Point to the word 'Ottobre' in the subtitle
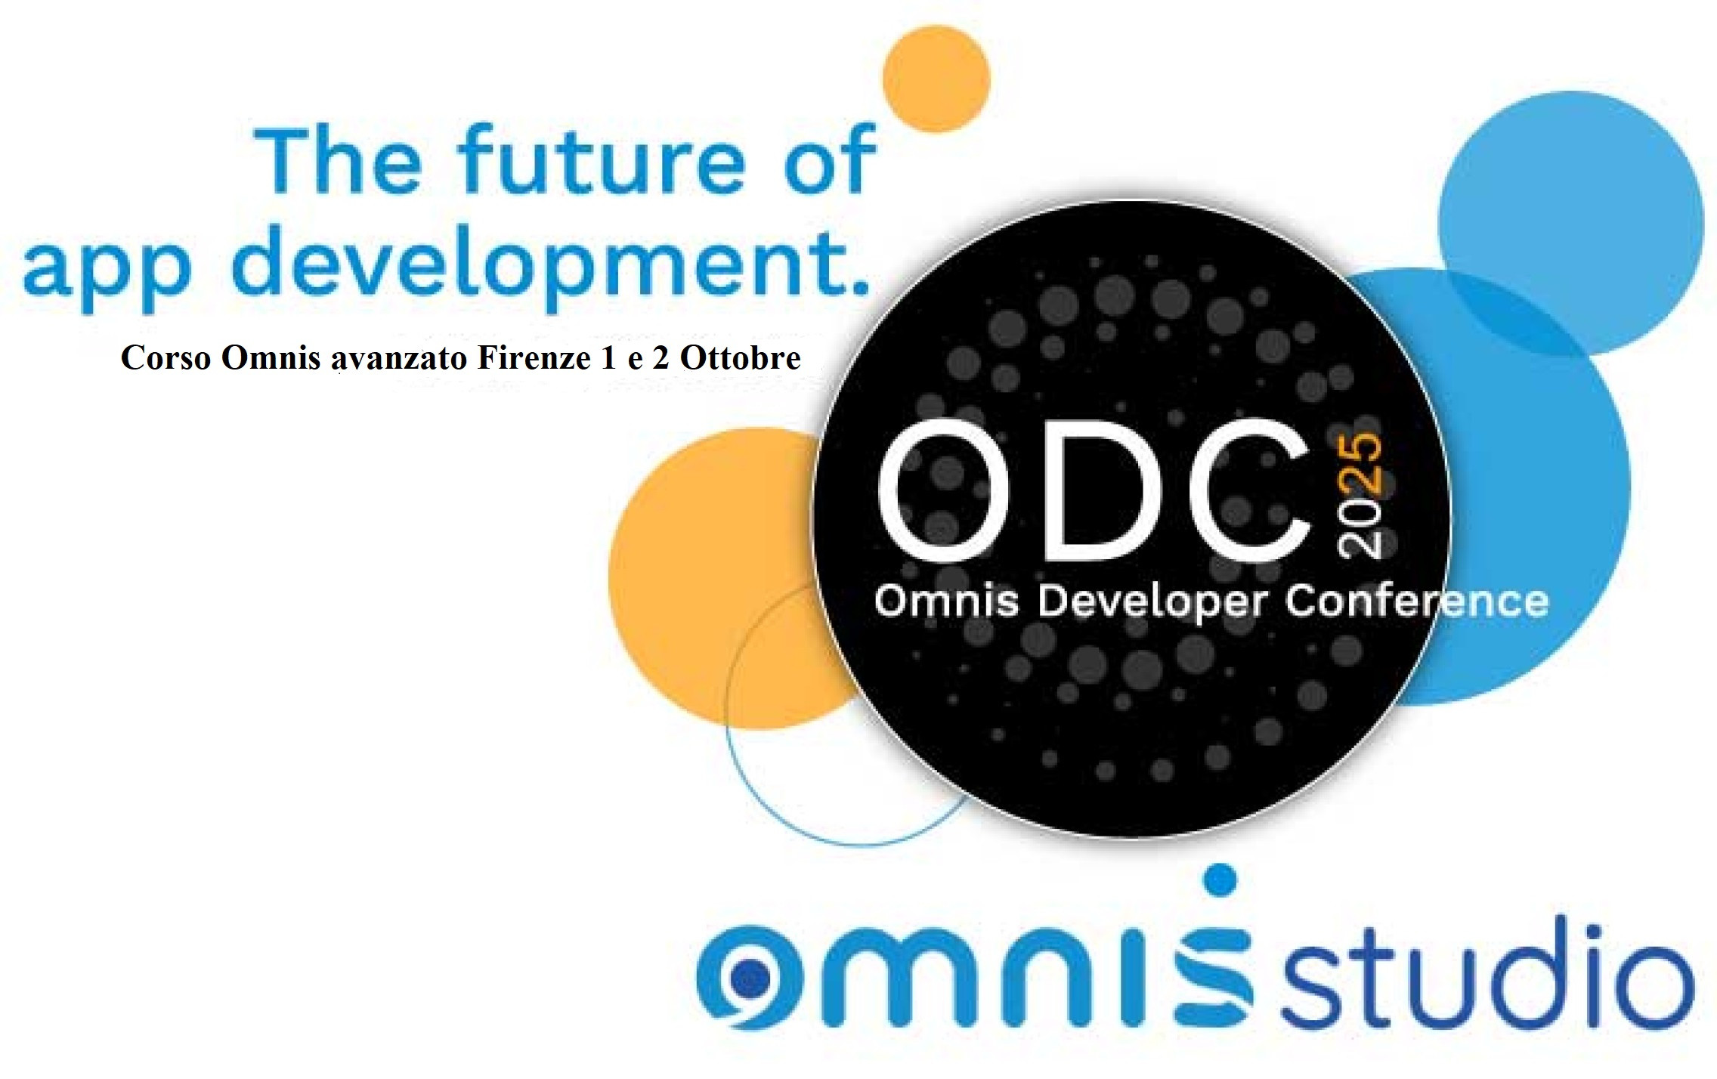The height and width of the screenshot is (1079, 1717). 740,357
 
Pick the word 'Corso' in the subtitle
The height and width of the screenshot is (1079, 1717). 166,357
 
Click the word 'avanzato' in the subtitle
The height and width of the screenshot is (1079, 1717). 400,359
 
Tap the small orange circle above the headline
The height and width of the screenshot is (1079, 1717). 936,79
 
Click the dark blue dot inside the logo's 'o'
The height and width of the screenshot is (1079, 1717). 748,979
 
